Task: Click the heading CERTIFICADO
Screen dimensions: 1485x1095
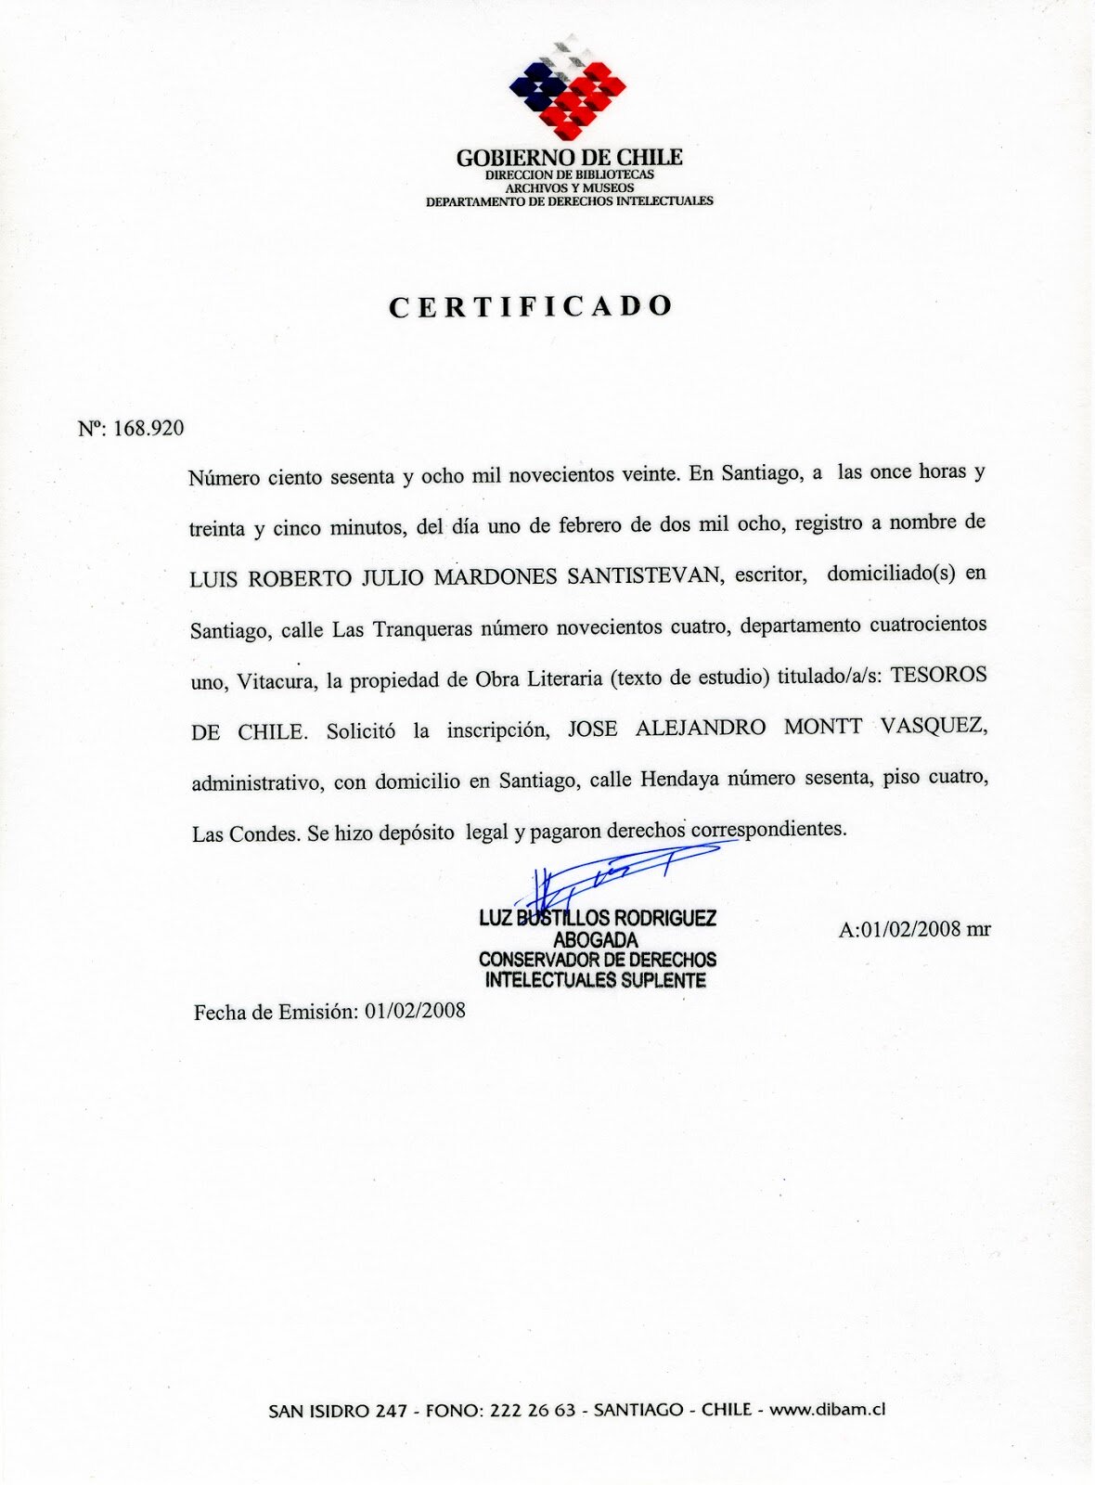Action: [530, 306]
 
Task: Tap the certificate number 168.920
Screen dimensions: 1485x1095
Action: [148, 428]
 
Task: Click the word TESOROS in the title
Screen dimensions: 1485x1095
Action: [938, 675]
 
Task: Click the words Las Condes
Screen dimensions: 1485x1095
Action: [244, 833]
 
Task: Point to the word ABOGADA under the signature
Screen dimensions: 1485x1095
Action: [595, 939]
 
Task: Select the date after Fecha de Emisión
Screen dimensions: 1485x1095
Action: [415, 1010]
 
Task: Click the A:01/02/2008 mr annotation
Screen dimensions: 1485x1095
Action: [914, 929]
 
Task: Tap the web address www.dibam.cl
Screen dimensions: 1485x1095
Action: [827, 1409]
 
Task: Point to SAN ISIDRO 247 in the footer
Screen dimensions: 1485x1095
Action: [338, 1411]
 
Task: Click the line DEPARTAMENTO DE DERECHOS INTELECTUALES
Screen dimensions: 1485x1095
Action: [569, 200]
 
